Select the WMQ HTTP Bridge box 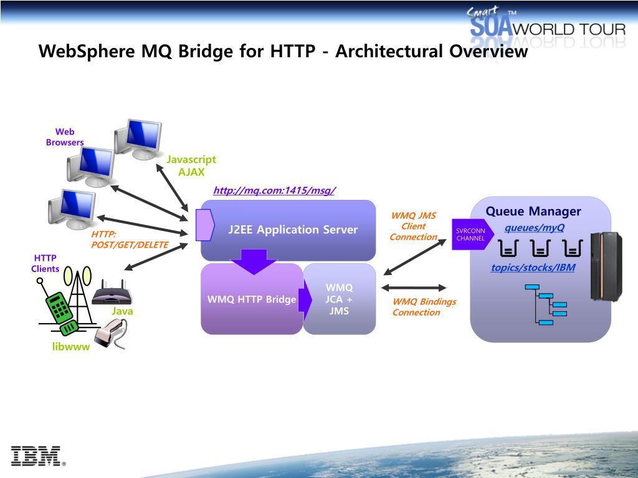(x=251, y=299)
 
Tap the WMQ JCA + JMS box (x=340, y=299)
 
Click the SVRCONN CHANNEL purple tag (x=471, y=235)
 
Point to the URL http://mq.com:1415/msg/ (x=274, y=190)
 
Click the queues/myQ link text (x=534, y=227)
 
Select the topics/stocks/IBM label (x=533, y=268)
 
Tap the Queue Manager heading (x=533, y=211)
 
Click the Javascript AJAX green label (x=191, y=166)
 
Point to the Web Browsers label (x=65, y=137)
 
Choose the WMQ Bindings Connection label (x=424, y=307)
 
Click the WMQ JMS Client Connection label (x=413, y=227)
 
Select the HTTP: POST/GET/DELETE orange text (x=130, y=240)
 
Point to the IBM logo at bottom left (x=38, y=456)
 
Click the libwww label (x=71, y=347)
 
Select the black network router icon (x=112, y=293)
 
